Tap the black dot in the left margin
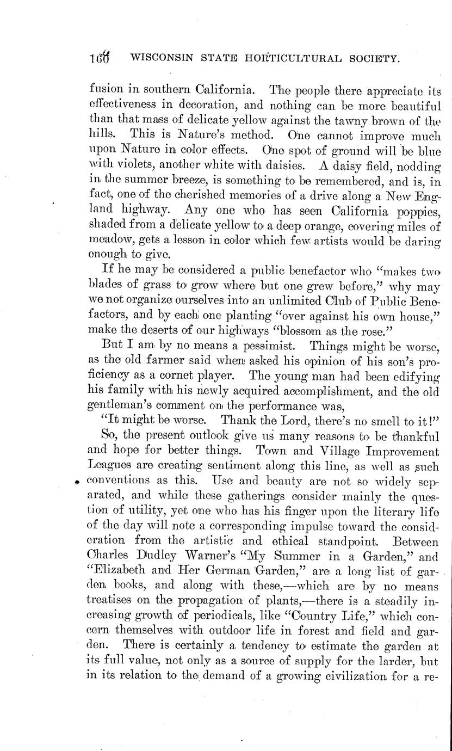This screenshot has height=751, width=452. click(77, 482)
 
